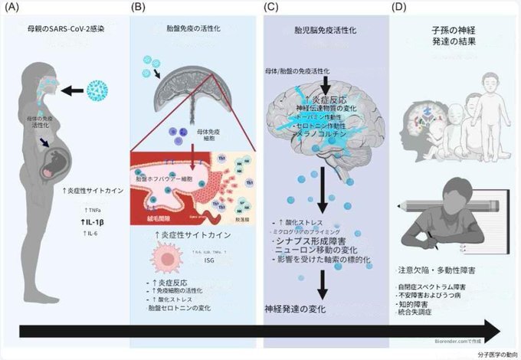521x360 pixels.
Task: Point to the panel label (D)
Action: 399,8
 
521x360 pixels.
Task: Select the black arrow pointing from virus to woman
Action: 71,90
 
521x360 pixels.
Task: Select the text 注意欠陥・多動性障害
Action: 441,270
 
